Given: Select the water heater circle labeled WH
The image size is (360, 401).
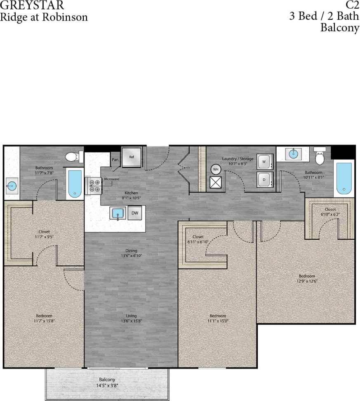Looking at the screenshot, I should [x=215, y=169].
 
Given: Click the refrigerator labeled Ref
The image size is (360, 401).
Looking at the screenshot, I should [x=132, y=157].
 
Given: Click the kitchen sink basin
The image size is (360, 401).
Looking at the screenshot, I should [x=118, y=213].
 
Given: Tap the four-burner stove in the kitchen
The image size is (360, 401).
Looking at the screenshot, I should [x=95, y=186].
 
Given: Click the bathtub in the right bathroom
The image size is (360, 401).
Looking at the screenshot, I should [x=344, y=179].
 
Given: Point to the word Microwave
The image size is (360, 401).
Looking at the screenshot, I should [x=111, y=179].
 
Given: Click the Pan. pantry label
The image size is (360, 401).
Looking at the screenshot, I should [x=115, y=159].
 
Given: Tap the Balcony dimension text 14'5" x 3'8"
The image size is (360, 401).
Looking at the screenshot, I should [x=107, y=386].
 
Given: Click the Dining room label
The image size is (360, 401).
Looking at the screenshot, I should [x=132, y=250].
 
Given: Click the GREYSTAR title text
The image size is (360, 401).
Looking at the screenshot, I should [x=32, y=6].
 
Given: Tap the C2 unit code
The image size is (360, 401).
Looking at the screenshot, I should [x=352, y=6].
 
